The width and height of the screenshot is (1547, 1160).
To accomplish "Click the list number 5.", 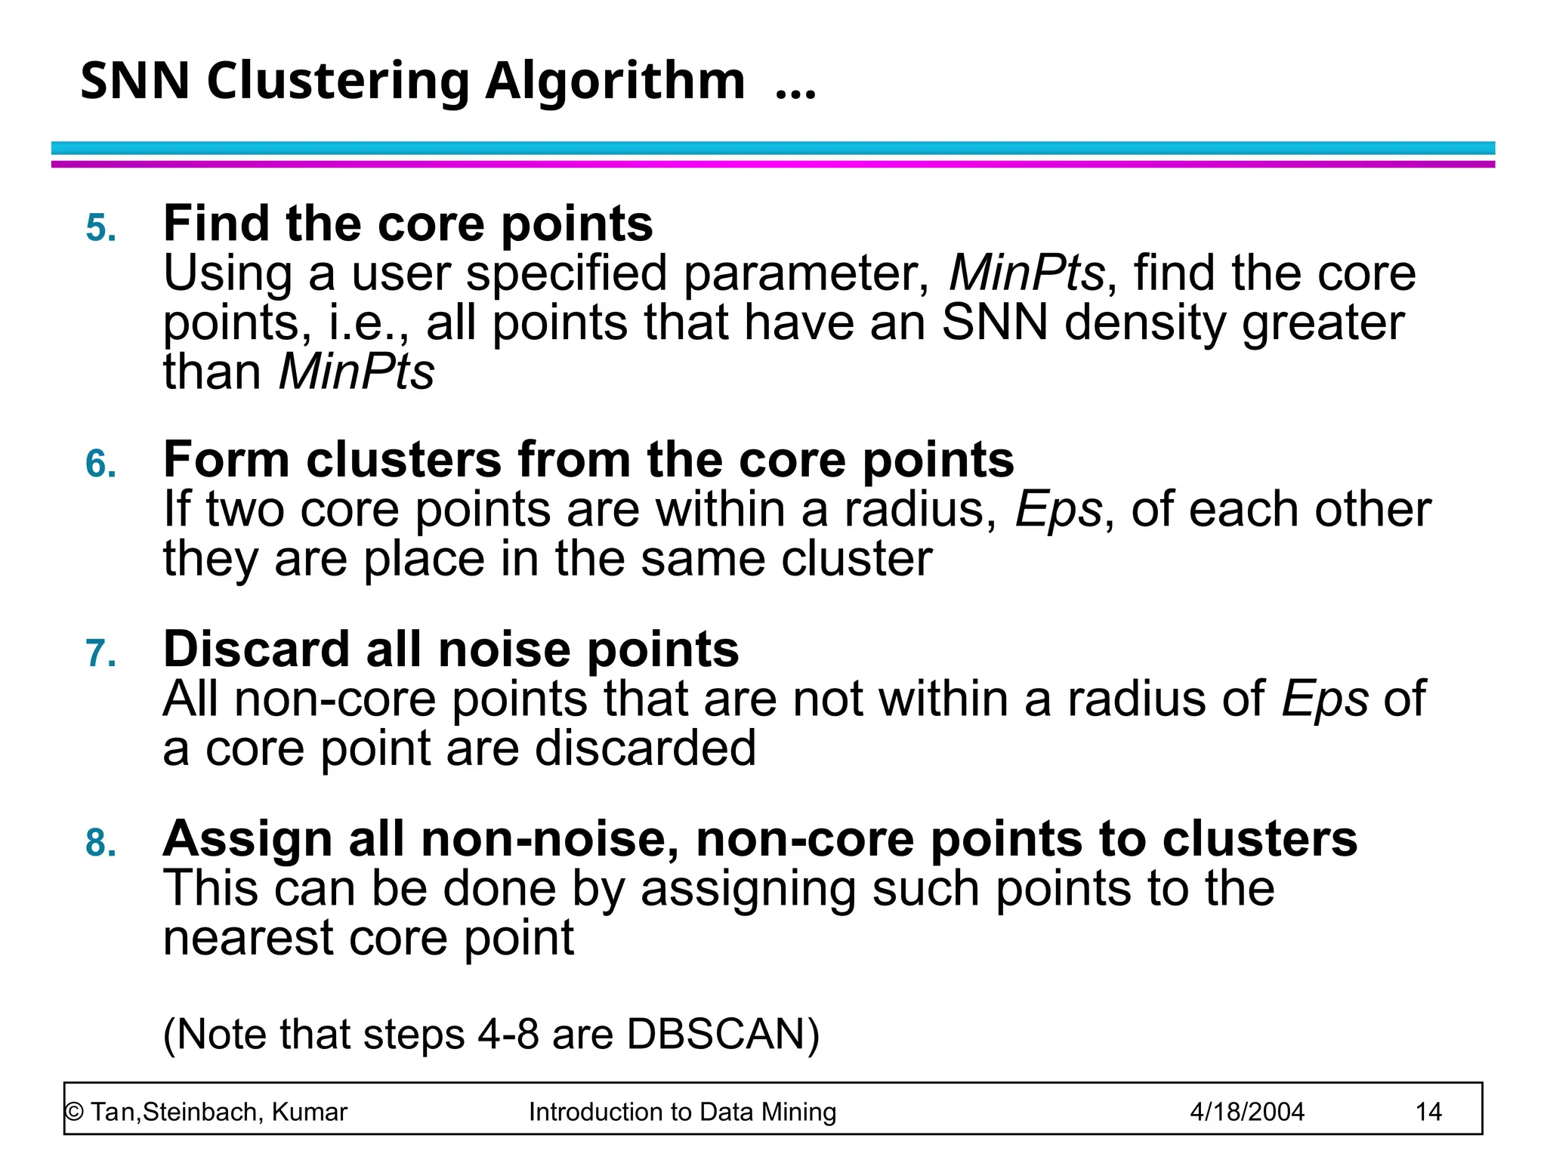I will pos(101,227).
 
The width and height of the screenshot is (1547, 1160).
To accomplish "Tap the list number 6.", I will pos(101,464).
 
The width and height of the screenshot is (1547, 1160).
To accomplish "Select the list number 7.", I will pos(101,653).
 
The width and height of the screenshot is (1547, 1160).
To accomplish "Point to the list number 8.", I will pos(101,843).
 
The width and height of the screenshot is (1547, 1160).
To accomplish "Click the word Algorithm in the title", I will pos(614,82).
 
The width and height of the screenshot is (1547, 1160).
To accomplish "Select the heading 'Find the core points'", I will pos(408,224).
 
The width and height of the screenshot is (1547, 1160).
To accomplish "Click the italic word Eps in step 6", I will pos(1058,511).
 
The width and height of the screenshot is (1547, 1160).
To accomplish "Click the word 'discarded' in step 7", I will pos(645,748).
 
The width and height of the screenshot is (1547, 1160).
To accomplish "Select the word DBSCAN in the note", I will pos(722,1034).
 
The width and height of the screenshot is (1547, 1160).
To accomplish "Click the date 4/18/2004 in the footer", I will pos(1246,1112).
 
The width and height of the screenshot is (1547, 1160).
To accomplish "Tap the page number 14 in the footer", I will pos(1428,1112).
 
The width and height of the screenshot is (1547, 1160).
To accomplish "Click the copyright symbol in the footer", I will pos(74,1112).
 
